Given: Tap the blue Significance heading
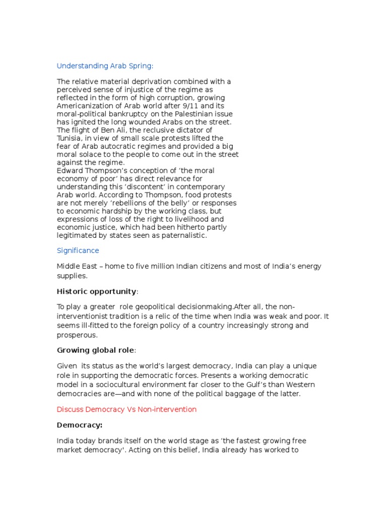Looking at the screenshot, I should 78,250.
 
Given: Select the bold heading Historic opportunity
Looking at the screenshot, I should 96,291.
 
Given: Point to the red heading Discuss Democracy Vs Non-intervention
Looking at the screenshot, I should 126,409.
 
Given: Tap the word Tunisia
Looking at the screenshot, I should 68,138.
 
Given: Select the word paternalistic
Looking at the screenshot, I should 184,236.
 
